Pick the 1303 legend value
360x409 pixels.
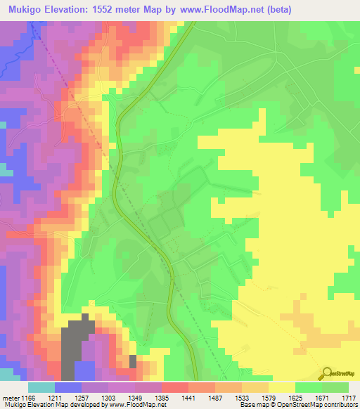131,398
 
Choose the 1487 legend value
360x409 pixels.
259,398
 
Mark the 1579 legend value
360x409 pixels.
323,398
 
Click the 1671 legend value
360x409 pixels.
323,398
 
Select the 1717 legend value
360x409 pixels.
349,398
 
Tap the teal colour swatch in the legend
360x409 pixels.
41,387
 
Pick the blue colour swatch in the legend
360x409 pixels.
68,387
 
